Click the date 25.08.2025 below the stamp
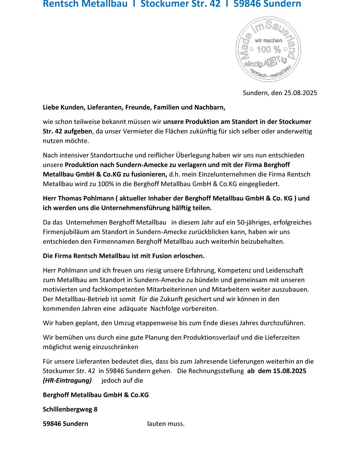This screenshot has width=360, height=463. click(x=300, y=93)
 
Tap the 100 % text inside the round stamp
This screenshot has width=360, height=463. click(x=269, y=49)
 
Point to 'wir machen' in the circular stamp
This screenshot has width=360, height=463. click(x=268, y=41)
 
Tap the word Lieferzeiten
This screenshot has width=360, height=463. click(x=282, y=338)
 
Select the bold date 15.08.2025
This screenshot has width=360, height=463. click(x=289, y=371)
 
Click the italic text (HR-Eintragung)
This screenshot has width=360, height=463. click(x=67, y=381)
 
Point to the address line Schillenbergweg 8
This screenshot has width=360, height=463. click(x=70, y=410)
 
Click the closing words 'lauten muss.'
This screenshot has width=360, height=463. click(x=166, y=424)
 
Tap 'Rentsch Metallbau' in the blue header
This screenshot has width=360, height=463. click(x=85, y=4)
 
